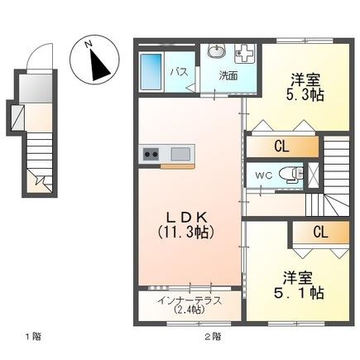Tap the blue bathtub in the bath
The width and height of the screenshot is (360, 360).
pos(151,72)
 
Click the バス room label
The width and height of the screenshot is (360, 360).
pos(179,73)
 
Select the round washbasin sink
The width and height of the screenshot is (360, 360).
pos(217,51)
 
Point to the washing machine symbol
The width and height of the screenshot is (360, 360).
pos(243,54)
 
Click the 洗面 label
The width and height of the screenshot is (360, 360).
pos(228,76)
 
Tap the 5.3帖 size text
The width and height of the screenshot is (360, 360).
pos(305,95)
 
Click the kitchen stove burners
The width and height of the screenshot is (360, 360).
pos(151,154)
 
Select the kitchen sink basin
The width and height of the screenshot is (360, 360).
pos(180,154)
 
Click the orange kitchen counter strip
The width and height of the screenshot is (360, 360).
pos(178,166)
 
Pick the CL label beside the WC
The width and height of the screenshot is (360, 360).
pos(282,146)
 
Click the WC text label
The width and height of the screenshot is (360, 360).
pos(264,175)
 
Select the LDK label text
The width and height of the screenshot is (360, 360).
pos(186,218)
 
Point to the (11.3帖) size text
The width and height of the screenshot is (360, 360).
pos(186,233)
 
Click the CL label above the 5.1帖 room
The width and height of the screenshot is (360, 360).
pos(320,233)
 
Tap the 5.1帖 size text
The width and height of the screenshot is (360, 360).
pos(299,293)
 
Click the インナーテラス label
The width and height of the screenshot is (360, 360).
pos(190,300)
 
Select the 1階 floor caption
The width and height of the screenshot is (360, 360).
pos(33,337)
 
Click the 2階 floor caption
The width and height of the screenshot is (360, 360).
pos(213,337)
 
